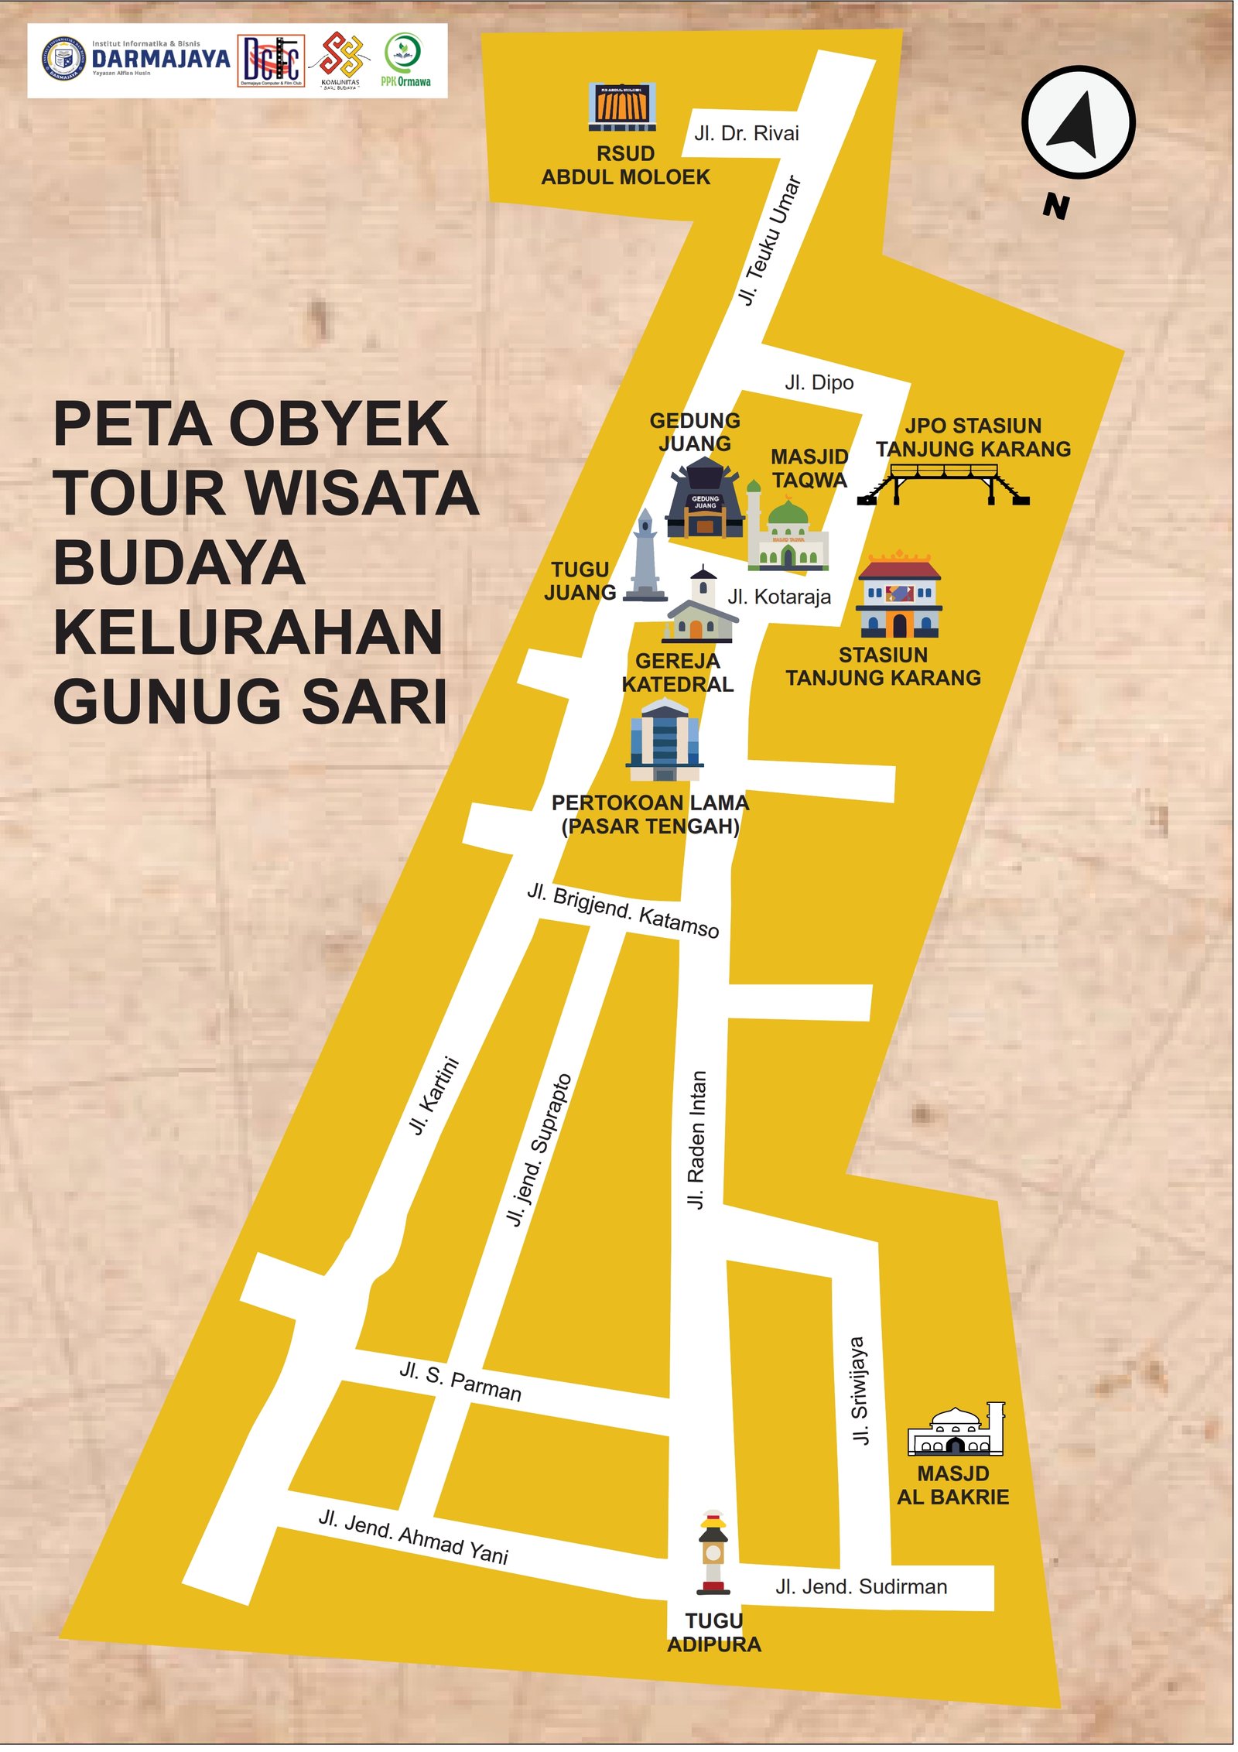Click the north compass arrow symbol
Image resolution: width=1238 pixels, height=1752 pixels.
coord(1077,122)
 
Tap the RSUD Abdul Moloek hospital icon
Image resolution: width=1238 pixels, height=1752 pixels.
coord(622,106)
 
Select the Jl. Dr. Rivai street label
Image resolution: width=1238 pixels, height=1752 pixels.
coord(746,133)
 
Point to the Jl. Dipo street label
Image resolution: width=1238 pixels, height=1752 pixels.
coord(819,382)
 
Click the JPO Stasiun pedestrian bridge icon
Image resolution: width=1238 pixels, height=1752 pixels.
coord(942,483)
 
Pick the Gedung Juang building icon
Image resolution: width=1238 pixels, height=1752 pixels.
coord(705,499)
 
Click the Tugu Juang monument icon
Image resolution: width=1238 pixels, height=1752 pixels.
coord(645,557)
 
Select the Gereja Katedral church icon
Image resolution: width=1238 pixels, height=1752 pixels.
coord(700,607)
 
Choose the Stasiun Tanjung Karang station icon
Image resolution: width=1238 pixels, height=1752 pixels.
coord(898,596)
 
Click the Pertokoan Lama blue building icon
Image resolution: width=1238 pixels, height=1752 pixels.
coord(665,739)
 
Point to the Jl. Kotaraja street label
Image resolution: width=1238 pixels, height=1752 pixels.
coord(778,597)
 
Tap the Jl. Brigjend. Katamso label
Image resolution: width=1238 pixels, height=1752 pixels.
coord(623,910)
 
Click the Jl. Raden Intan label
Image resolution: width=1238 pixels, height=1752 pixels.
coord(696,1139)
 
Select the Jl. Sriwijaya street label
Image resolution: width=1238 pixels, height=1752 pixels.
coord(859,1391)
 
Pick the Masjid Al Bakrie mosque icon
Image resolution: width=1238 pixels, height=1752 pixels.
coord(956,1429)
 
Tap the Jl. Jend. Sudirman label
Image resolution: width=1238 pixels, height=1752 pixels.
coord(860,1586)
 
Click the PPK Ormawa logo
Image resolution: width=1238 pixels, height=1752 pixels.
coord(405,60)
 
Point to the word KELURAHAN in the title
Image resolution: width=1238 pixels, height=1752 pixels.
coord(248,632)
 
